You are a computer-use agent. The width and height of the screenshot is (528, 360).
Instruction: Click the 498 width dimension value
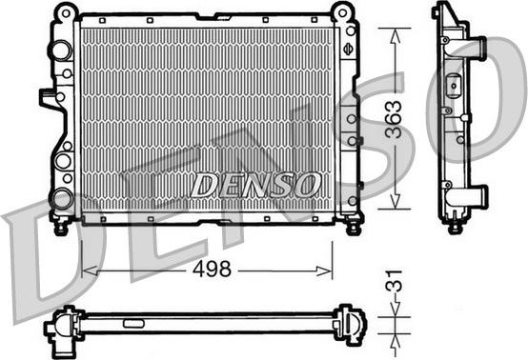tap(212, 269)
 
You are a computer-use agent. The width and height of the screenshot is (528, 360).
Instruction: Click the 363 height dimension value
tap(394, 119)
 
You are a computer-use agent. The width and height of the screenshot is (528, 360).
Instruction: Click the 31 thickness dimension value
tap(394, 281)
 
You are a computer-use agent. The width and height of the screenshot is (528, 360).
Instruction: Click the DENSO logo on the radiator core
tap(254, 185)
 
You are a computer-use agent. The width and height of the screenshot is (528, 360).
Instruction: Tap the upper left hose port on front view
tap(62, 50)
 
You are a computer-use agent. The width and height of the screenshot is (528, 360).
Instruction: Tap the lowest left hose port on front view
tap(62, 198)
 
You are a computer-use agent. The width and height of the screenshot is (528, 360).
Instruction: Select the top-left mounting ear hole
tap(66, 13)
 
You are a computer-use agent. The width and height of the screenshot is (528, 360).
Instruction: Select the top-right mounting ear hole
tap(342, 13)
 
